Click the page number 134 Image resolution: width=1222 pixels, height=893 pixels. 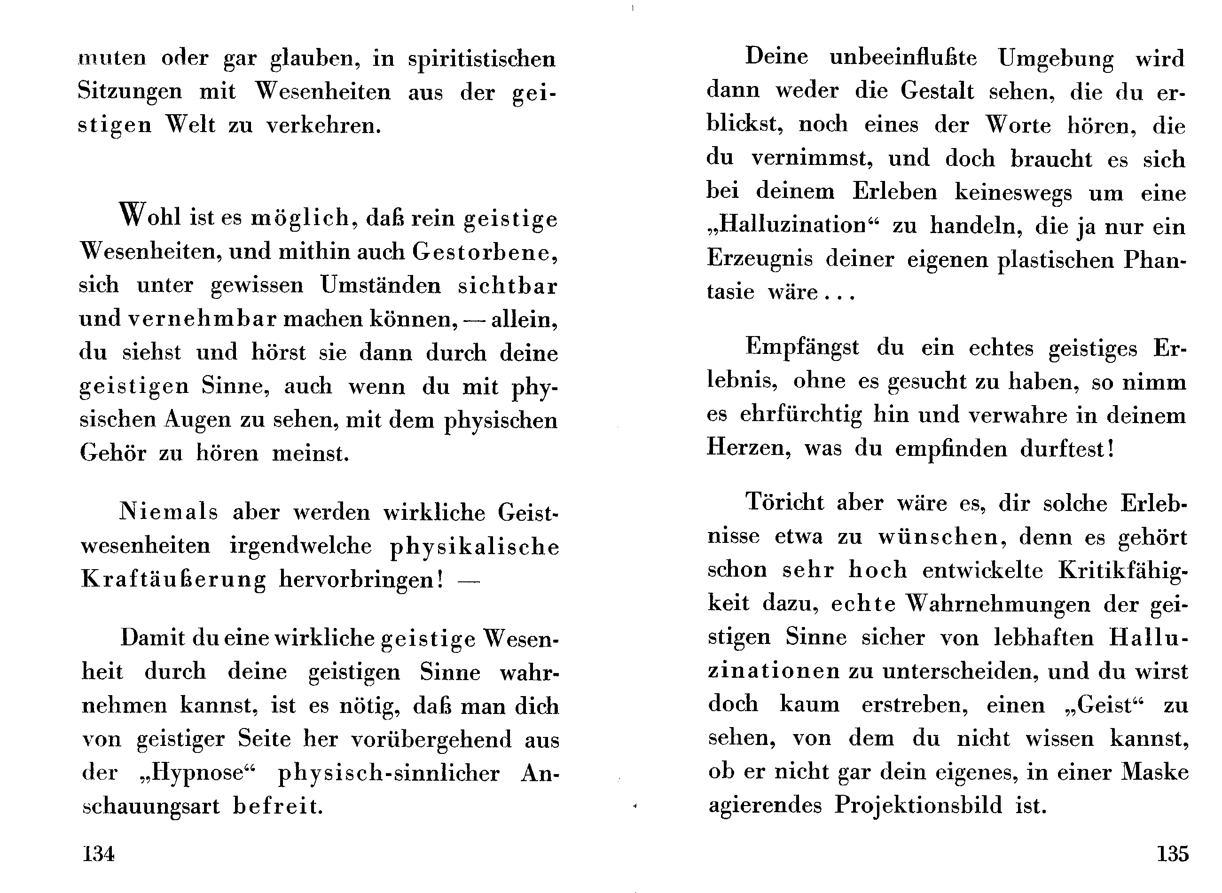pyautogui.click(x=98, y=854)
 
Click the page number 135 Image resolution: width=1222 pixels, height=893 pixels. pyautogui.click(x=1172, y=854)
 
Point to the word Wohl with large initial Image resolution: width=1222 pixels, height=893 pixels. pyautogui.click(x=150, y=217)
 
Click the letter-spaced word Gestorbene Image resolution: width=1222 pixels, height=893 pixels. pyautogui.click(x=484, y=252)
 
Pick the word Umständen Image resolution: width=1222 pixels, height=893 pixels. pyautogui.click(x=381, y=285)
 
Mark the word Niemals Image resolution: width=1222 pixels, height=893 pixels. pyautogui.click(x=168, y=511)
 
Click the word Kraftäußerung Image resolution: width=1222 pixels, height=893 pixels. pyautogui.click(x=173, y=580)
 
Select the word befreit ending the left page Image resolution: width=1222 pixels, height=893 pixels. pyautogui.click(x=278, y=807)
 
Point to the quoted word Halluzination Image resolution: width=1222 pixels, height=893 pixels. pyautogui.click(x=792, y=225)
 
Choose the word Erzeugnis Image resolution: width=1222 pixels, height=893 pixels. pyautogui.click(x=760, y=259)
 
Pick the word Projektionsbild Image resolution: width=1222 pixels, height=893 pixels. pyautogui.click(x=918, y=806)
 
